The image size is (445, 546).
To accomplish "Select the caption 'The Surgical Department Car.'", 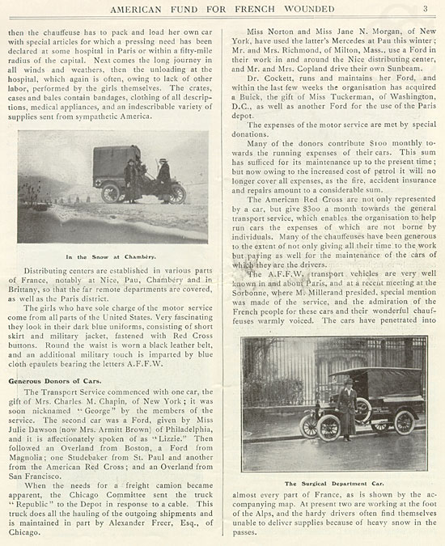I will (333, 480).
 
